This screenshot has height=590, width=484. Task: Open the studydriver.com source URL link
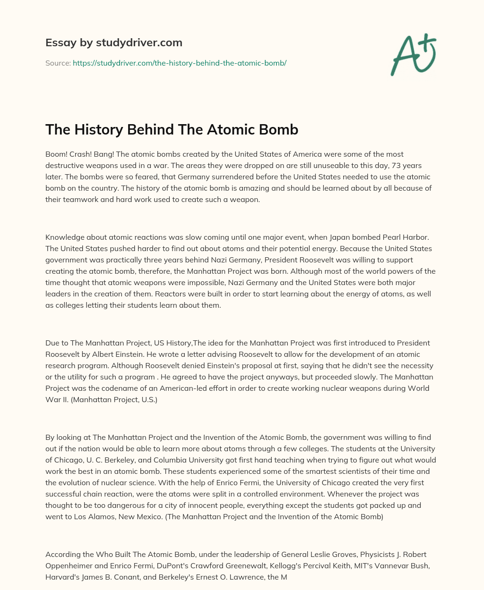pyautogui.click(x=179, y=63)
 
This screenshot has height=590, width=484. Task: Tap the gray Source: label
pyautogui.click(x=58, y=63)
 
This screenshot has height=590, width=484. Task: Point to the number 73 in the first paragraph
pyautogui.click(x=393, y=166)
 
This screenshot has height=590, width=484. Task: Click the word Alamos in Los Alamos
pyautogui.click(x=102, y=516)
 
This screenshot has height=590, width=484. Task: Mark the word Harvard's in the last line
pyautogui.click(x=63, y=577)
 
